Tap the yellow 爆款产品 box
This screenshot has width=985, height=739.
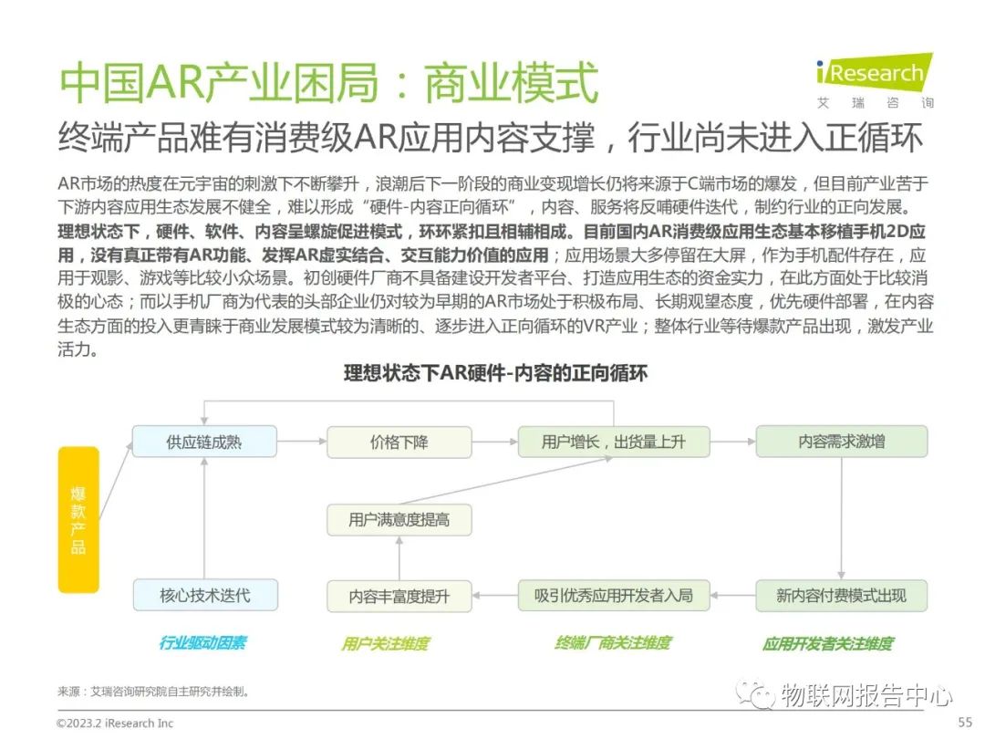click(x=78, y=520)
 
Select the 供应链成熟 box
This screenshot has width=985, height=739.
click(x=205, y=442)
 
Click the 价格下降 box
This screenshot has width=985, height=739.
click(x=399, y=442)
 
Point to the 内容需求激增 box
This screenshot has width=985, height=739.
click(x=841, y=442)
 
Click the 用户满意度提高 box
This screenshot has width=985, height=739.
click(x=399, y=520)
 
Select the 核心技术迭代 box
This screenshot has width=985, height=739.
click(x=205, y=596)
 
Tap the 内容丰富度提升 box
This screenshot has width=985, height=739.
click(x=399, y=596)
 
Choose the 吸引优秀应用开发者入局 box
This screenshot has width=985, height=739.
click(x=614, y=596)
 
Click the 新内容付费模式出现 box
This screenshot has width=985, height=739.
click(x=841, y=596)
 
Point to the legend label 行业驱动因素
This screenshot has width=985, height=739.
click(x=202, y=643)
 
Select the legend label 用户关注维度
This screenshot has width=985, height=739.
click(x=385, y=643)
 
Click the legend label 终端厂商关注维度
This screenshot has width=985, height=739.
click(x=612, y=643)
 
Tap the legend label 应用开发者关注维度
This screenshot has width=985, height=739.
click(x=827, y=643)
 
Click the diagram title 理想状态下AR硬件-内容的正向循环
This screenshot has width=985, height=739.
click(x=495, y=373)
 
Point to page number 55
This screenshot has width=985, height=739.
click(x=965, y=723)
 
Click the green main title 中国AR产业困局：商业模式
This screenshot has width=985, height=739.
click(x=328, y=84)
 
